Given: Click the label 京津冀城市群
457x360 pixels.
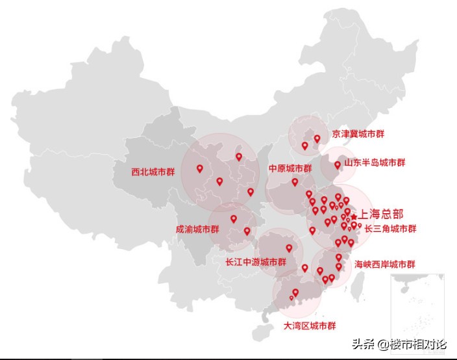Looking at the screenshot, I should pos(358,134).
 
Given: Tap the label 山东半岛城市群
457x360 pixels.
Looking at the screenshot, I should pos(375,162).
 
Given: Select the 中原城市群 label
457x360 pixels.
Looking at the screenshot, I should pos(290,168).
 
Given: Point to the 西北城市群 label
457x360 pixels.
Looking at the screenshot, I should pos(153,173).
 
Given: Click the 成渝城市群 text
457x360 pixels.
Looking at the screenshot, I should pos(197,229).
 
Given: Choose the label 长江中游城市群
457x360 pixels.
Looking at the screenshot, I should pos(255,263).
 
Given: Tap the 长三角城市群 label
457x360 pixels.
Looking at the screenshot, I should pos(390,229).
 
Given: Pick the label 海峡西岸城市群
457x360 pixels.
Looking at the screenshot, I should pos(384,264).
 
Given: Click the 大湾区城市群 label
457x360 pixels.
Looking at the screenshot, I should pos(310,325).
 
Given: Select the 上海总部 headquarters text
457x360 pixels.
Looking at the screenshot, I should pos(382,213).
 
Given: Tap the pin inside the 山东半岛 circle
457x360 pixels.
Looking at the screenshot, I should pos(337,165).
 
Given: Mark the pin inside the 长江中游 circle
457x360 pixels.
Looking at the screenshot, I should pos(289,248).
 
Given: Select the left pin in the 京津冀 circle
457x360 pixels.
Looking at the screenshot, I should pos(304,146).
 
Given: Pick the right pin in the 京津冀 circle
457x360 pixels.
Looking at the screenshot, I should pos(317,138).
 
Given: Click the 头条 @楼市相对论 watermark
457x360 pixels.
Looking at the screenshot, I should pos(399,344).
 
